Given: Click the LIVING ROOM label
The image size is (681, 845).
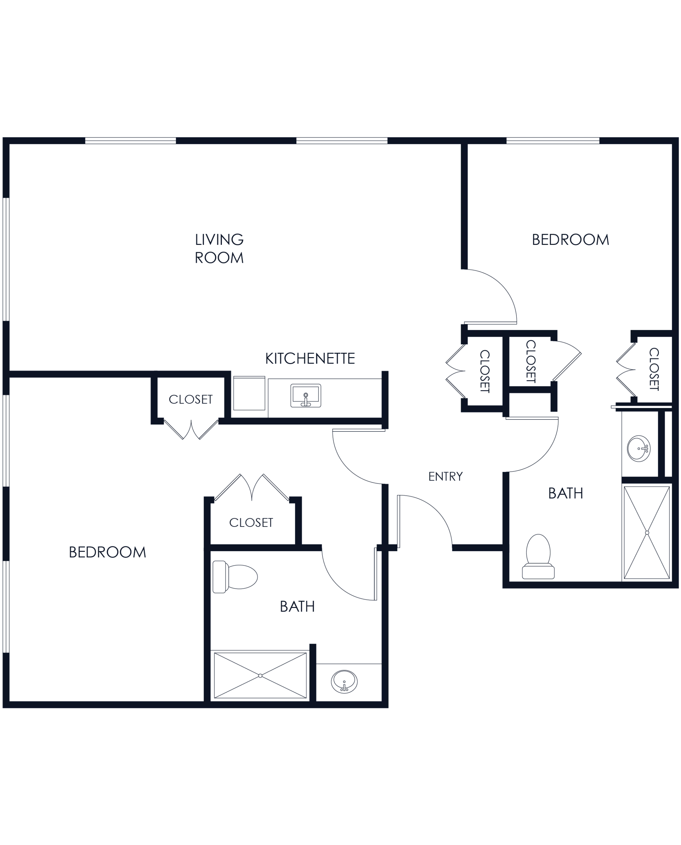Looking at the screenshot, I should pyautogui.click(x=220, y=249).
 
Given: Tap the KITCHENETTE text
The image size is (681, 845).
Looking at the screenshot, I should pyautogui.click(x=310, y=358).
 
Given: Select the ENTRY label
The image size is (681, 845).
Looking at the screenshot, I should pyautogui.click(x=445, y=477).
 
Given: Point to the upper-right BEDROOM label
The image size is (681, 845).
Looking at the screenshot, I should pyautogui.click(x=571, y=239).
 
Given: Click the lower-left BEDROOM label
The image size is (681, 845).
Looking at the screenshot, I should pyautogui.click(x=108, y=552).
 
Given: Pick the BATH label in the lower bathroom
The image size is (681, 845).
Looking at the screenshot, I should pyautogui.click(x=298, y=606).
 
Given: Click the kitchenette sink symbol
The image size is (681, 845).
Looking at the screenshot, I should pyautogui.click(x=306, y=396).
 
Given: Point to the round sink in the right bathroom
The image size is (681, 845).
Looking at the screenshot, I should pyautogui.click(x=638, y=448).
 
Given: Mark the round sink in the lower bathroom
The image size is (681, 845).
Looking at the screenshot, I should pyautogui.click(x=344, y=681).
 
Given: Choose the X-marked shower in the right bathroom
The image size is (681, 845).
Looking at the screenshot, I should pyautogui.click(x=645, y=532).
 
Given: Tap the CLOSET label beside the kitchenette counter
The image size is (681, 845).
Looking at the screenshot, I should pyautogui.click(x=191, y=399).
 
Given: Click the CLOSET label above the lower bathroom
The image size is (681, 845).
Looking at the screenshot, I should pyautogui.click(x=251, y=523).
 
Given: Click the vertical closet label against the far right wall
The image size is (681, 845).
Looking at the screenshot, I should pyautogui.click(x=654, y=368).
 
